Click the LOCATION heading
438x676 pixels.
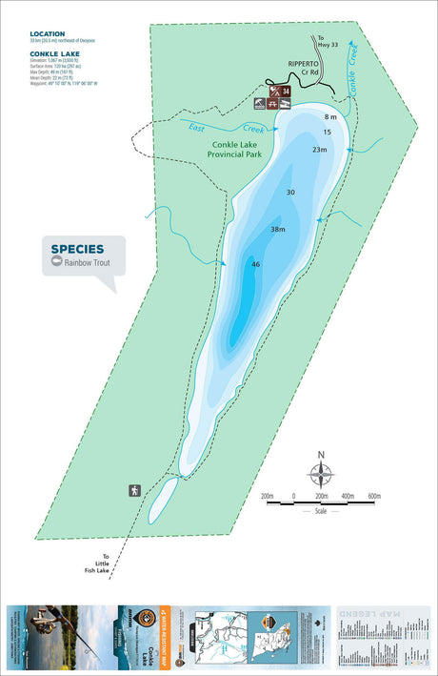coord(47,34)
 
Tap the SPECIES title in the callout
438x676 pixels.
coord(77,250)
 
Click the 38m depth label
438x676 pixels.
coord(278,230)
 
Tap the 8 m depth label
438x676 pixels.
coord(330,117)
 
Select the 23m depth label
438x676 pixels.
coord(319,150)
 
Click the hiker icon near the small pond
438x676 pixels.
coord(135,490)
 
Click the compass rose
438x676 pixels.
coord(322,472)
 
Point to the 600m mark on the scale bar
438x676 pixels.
coord(373,497)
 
